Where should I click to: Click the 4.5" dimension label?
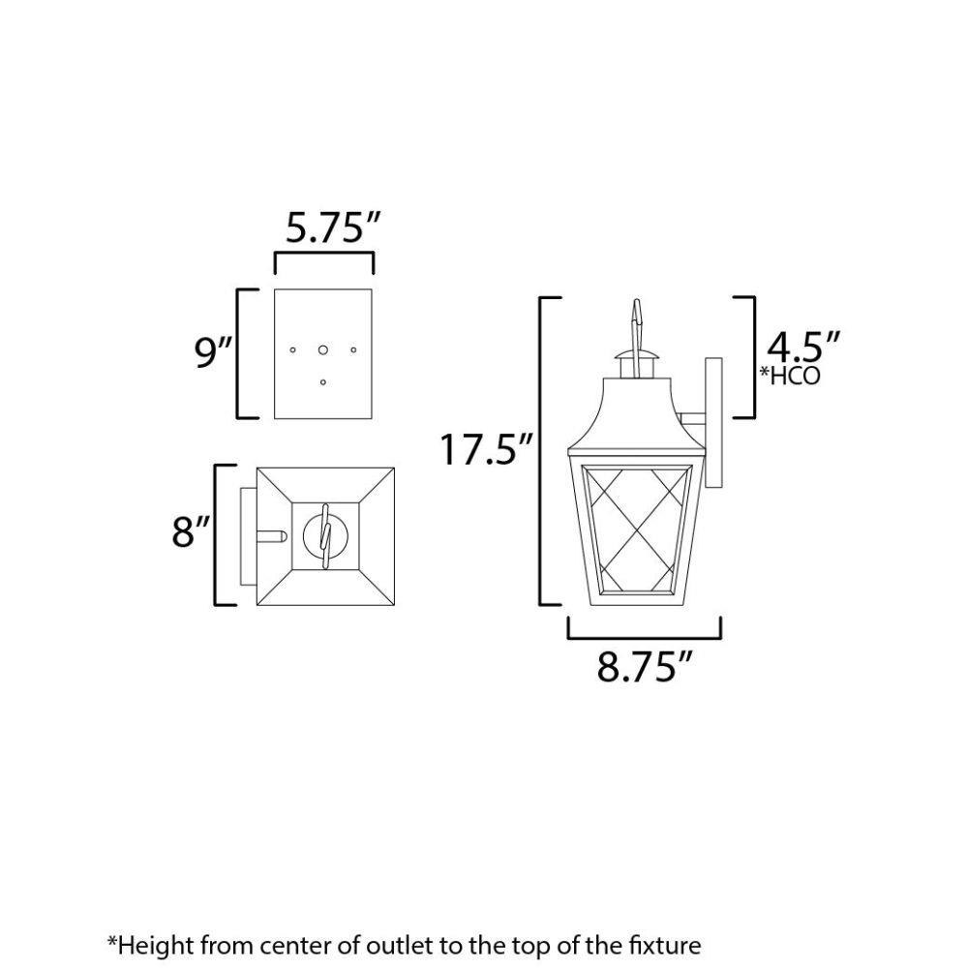[802, 347]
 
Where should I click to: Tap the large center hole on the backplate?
[323, 350]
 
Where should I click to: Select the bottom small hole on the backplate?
[323, 382]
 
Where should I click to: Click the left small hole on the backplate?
[292, 350]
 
